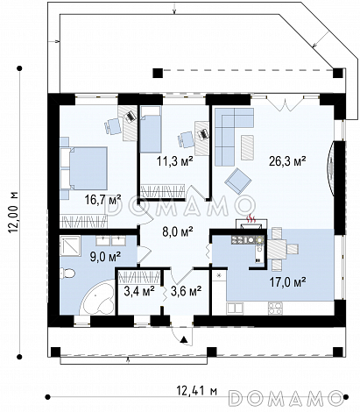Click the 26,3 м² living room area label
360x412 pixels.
pos(287,161)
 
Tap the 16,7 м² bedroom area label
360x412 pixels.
pos(102,200)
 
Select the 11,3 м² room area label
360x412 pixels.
pos(175,161)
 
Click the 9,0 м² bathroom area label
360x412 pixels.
pos(105,257)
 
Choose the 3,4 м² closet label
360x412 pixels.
pos(139,291)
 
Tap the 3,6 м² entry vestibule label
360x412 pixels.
pos(186,291)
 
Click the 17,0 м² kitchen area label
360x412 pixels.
pos(287,282)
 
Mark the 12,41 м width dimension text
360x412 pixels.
pos(197,390)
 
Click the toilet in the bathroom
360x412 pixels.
pos(67,273)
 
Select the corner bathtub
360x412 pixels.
pos(98,297)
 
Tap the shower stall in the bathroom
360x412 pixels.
pos(70,245)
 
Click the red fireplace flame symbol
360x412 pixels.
pos(251,218)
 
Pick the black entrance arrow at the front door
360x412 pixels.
pos(184,339)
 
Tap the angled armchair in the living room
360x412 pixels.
pos(238,181)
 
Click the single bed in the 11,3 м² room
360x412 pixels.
pos(151,129)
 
